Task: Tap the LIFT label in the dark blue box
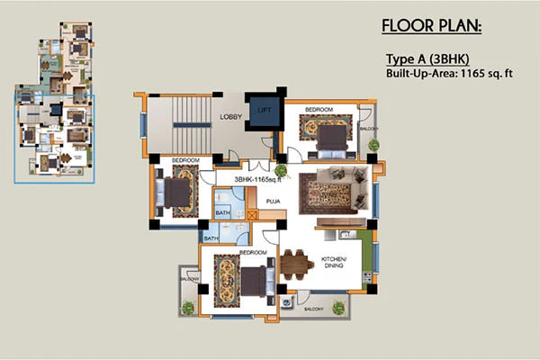click(264, 110)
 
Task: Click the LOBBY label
click(224, 117)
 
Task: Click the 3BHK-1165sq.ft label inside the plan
click(259, 181)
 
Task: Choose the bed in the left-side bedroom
click(175, 193)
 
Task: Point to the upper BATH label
click(223, 213)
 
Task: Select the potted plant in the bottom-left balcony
click(186, 308)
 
